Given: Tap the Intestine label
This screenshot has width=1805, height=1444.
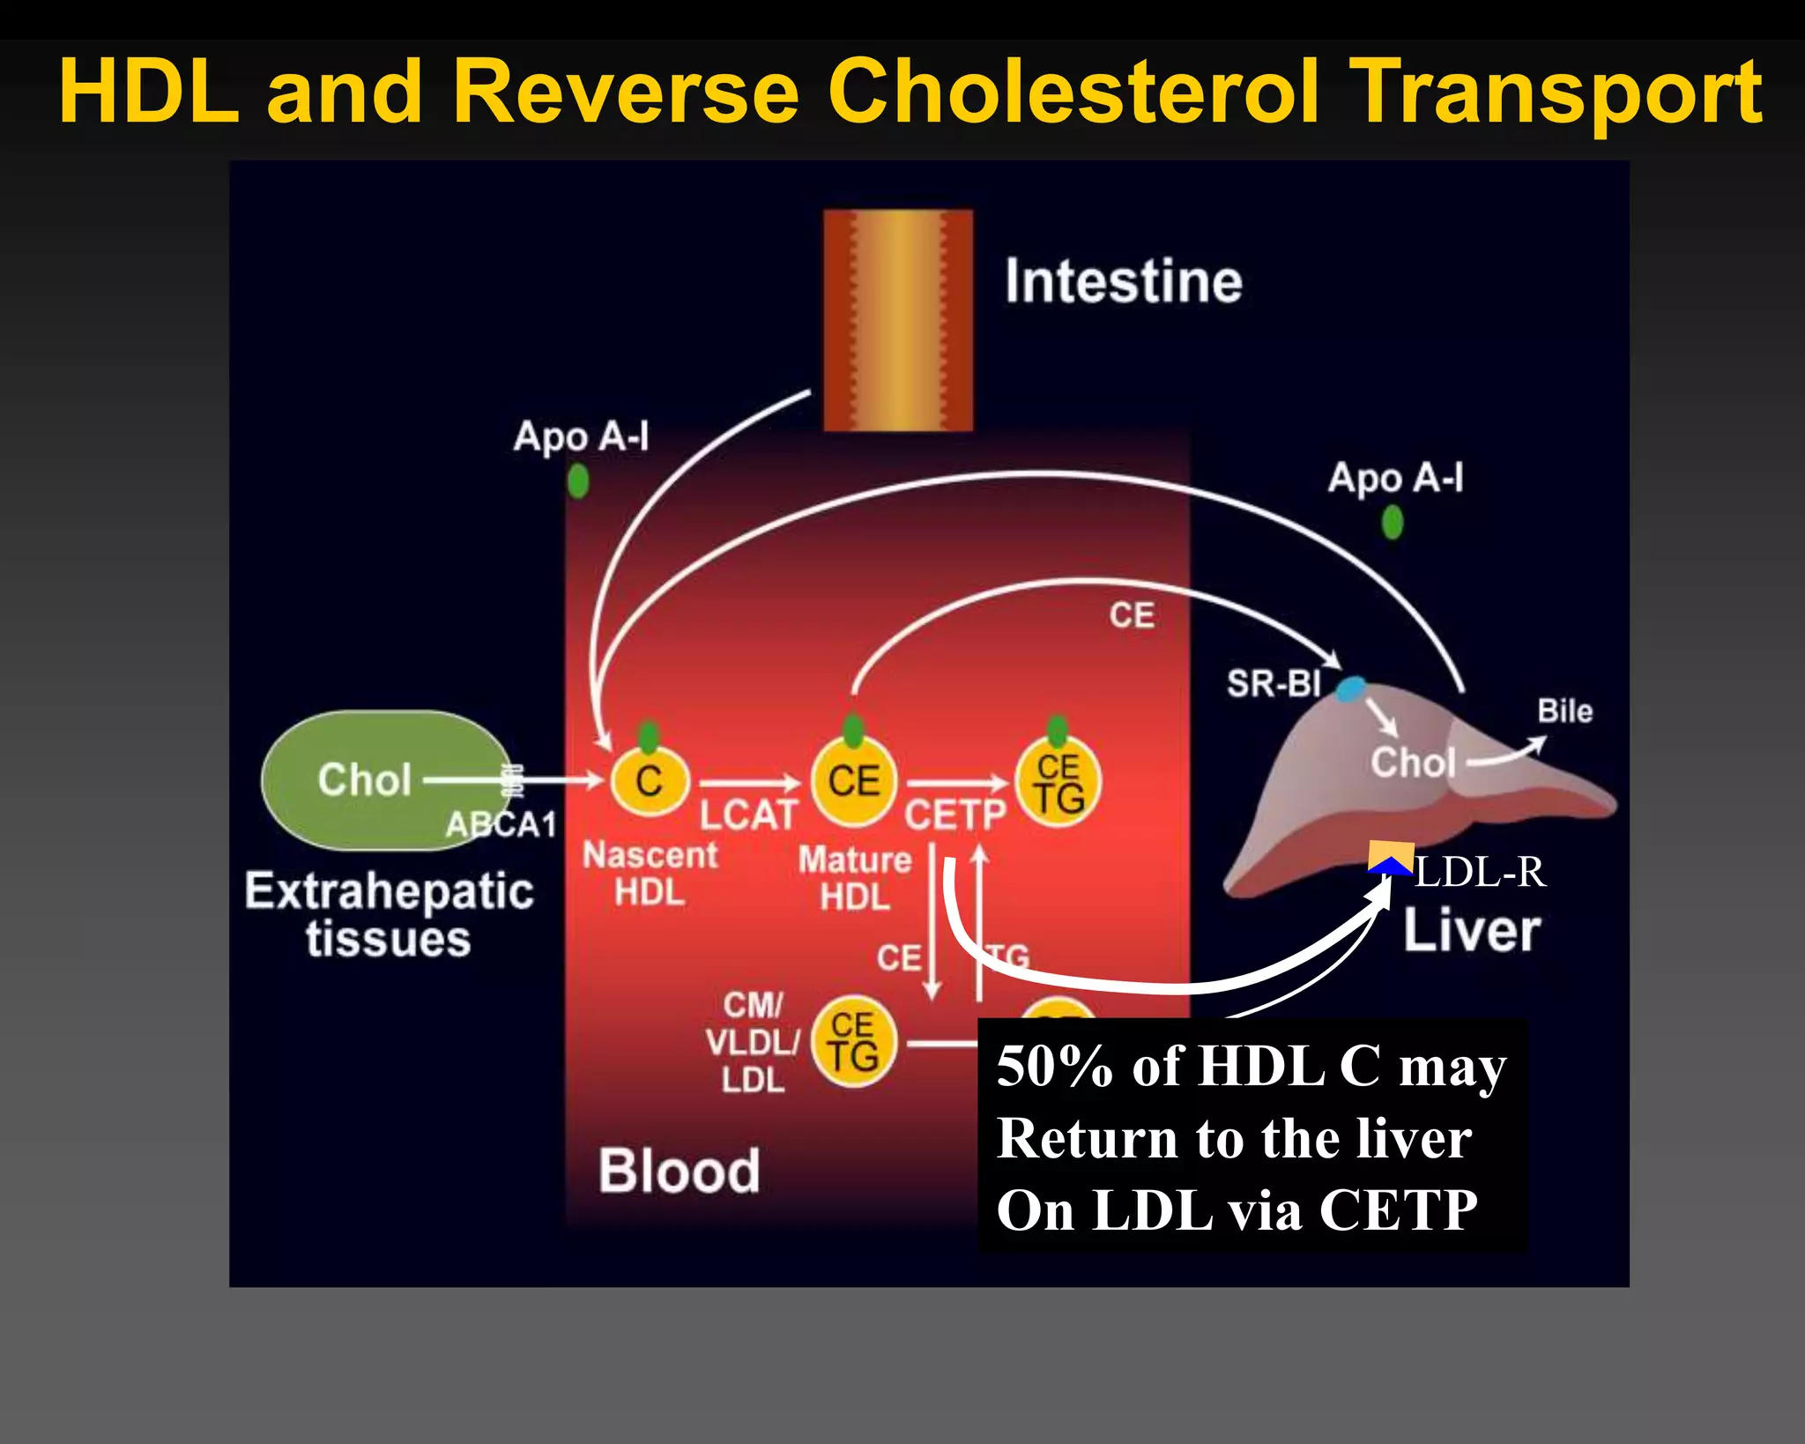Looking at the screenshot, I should [x=1123, y=282].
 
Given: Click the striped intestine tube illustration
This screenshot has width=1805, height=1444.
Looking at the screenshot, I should [x=897, y=320].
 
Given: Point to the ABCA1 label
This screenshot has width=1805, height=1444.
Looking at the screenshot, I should [x=501, y=825].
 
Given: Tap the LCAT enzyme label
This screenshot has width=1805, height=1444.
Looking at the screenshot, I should [x=748, y=815].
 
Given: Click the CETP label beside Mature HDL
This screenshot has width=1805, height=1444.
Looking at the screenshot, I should [x=954, y=815].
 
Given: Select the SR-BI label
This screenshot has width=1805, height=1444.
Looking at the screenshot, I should [x=1274, y=683].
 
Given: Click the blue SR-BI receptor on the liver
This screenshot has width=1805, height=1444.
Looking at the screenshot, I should [x=1350, y=689].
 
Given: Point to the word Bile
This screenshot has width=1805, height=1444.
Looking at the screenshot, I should [x=1564, y=711].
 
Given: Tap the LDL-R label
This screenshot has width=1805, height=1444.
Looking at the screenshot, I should [x=1480, y=873].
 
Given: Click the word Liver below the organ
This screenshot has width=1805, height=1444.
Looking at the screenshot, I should [x=1471, y=931].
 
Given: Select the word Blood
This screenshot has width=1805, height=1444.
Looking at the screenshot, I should [x=679, y=1172].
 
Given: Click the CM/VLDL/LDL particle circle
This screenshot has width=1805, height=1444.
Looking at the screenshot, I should [x=853, y=1043].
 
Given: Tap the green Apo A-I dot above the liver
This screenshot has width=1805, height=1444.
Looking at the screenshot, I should [x=1392, y=522].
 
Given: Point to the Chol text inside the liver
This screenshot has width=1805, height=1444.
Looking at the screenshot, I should [x=1412, y=763].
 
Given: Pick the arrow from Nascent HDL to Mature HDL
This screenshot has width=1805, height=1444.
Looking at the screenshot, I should [x=748, y=783].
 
